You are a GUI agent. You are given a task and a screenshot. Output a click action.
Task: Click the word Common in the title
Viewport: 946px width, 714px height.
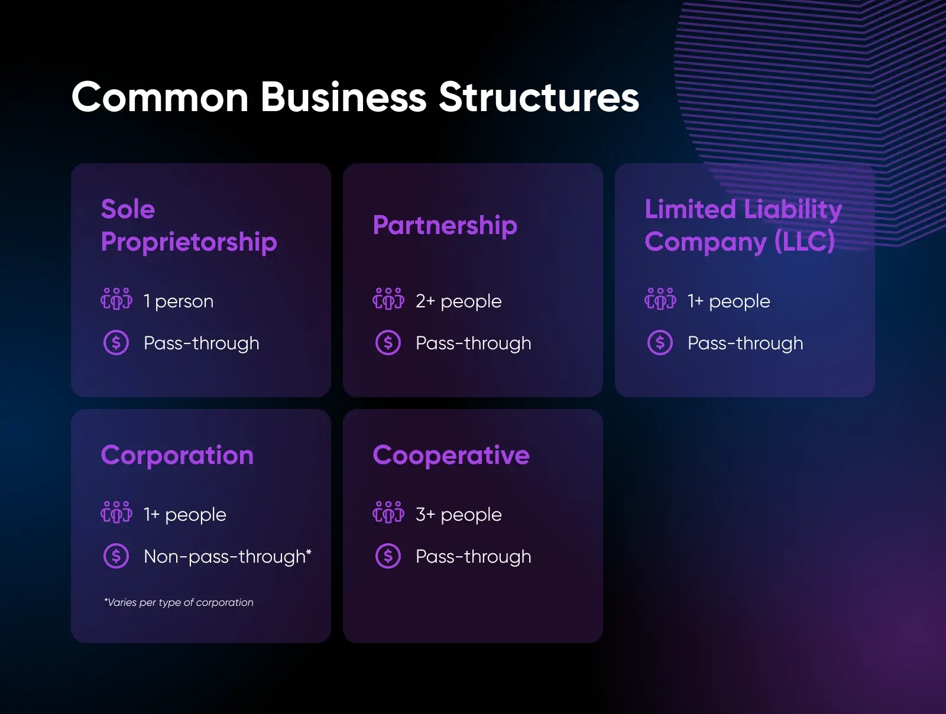(x=160, y=98)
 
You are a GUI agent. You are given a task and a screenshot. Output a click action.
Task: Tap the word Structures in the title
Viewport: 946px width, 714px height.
(x=539, y=98)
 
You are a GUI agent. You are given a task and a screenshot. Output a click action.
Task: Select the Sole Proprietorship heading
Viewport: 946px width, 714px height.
(x=189, y=226)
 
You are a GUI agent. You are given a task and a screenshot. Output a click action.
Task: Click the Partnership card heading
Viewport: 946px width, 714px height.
(x=445, y=226)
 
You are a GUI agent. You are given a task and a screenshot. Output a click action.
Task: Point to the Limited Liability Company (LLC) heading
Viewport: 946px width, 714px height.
(x=743, y=226)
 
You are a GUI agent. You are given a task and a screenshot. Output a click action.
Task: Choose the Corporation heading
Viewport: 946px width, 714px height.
(x=177, y=456)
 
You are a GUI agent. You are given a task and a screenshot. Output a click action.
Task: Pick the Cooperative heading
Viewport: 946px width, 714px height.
(x=451, y=456)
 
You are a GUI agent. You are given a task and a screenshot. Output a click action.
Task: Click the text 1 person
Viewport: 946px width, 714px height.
(x=179, y=301)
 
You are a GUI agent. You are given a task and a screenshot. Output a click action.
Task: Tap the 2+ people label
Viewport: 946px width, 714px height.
(x=459, y=301)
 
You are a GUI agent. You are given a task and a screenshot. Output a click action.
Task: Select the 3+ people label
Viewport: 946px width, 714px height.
(x=459, y=515)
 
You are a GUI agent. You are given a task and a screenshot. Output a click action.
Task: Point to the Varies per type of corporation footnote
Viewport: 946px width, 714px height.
(x=179, y=602)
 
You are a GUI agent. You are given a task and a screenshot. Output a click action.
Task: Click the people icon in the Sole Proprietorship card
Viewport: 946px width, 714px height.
(x=116, y=299)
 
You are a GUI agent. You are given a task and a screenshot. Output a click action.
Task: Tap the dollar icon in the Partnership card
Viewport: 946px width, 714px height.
(x=388, y=343)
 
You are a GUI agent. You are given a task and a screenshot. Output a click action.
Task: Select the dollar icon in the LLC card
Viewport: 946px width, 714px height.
(x=660, y=343)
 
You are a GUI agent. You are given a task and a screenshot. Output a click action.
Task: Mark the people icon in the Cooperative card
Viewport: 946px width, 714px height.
(x=388, y=512)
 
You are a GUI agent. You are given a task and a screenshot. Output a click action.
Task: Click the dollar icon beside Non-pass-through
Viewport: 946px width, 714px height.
(x=116, y=556)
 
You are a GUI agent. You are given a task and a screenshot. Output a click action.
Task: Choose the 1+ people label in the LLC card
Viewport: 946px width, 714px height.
(x=728, y=301)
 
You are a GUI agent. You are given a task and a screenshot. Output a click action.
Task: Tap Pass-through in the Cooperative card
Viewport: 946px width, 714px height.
(x=474, y=557)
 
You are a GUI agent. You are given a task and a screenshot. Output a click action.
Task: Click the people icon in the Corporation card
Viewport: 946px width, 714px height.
(x=116, y=512)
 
